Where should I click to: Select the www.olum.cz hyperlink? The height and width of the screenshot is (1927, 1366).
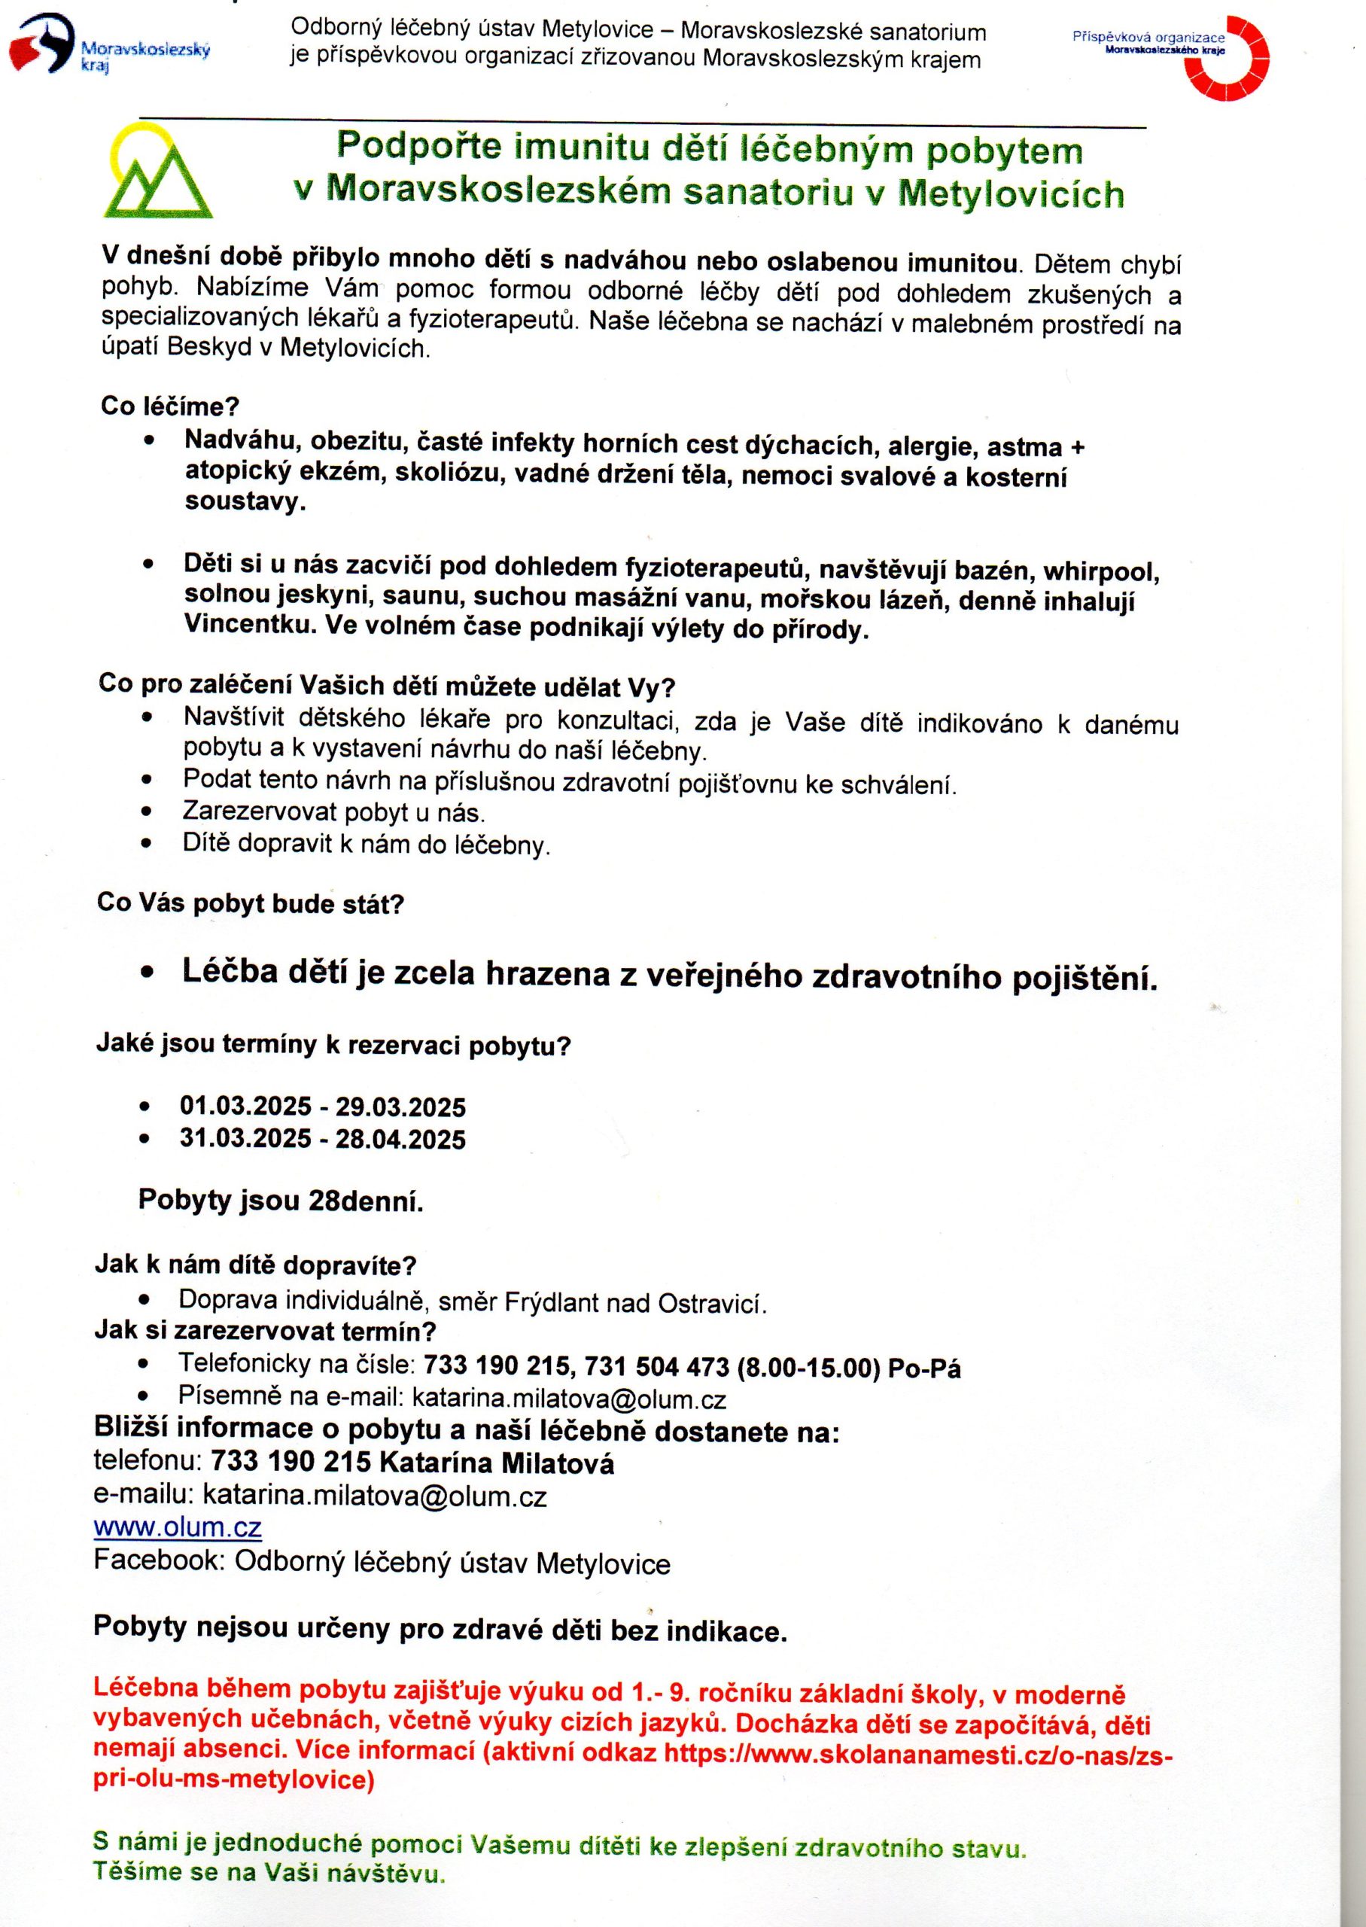[178, 1526]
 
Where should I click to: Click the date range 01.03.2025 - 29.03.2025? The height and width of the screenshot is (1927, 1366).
[322, 1106]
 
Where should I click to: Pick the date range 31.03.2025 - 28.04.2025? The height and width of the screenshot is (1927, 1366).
[322, 1139]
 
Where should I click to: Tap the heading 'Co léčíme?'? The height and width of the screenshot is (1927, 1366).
[170, 406]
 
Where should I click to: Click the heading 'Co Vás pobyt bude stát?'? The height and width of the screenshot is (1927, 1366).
[251, 904]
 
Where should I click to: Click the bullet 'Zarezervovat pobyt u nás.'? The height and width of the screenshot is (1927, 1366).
[334, 812]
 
